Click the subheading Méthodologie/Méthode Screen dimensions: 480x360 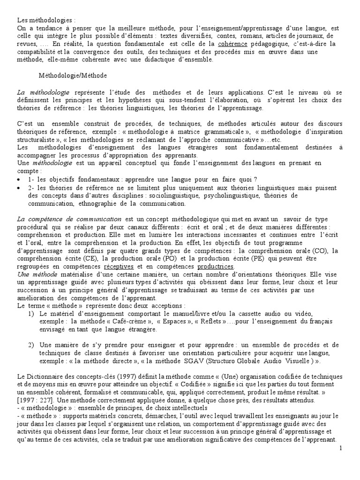[x=73, y=75]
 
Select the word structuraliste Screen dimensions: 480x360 [x=35, y=139]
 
